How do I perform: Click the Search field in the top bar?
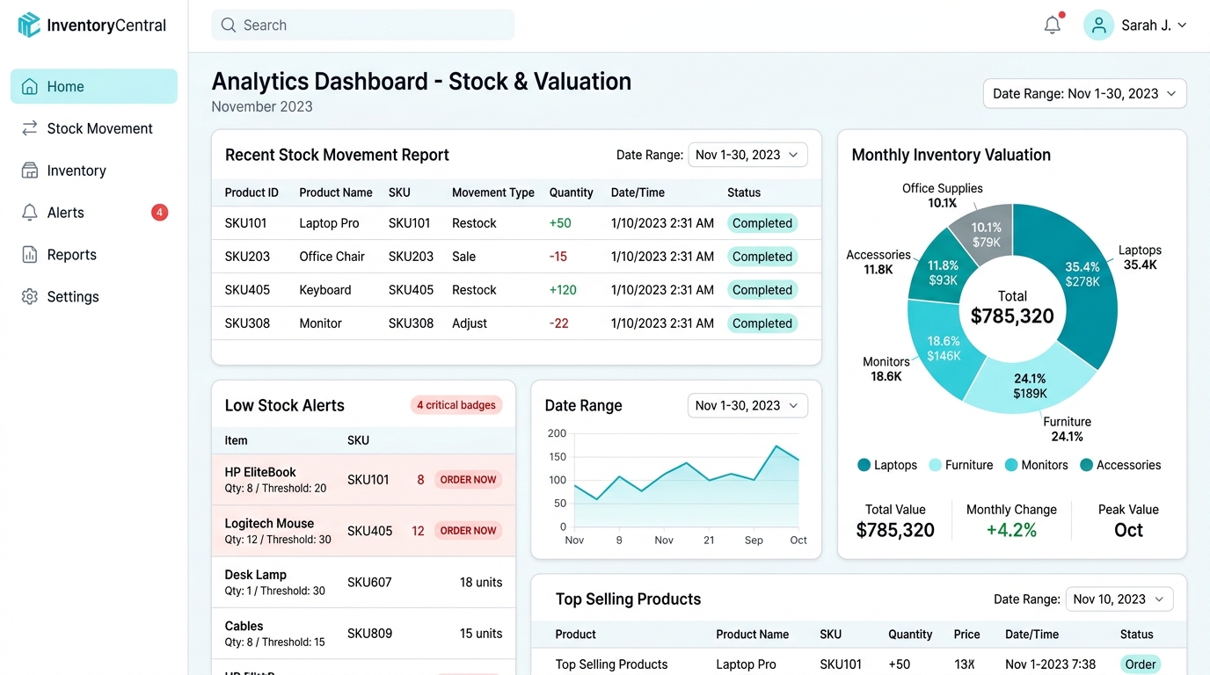pyautogui.click(x=362, y=25)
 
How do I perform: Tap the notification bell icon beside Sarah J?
pyautogui.click(x=1053, y=25)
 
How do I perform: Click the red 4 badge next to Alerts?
pyautogui.click(x=159, y=212)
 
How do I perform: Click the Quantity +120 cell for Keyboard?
pyautogui.click(x=563, y=290)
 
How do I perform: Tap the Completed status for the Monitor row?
pyautogui.click(x=762, y=323)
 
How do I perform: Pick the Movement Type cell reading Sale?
pyautogui.click(x=463, y=257)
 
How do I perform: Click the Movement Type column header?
pyautogui.click(x=492, y=192)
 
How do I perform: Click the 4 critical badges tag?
pyautogui.click(x=456, y=405)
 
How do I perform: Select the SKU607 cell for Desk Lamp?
pyautogui.click(x=369, y=582)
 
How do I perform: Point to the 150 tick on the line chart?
pyautogui.click(x=557, y=457)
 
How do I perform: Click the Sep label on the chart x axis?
pyautogui.click(x=754, y=540)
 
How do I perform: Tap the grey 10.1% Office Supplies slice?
pyautogui.click(x=986, y=232)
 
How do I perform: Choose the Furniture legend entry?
pyautogui.click(x=960, y=465)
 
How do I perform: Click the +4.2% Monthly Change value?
pyautogui.click(x=1011, y=530)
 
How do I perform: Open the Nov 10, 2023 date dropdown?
pyautogui.click(x=1119, y=599)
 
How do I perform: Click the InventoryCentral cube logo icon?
pyautogui.click(x=29, y=25)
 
